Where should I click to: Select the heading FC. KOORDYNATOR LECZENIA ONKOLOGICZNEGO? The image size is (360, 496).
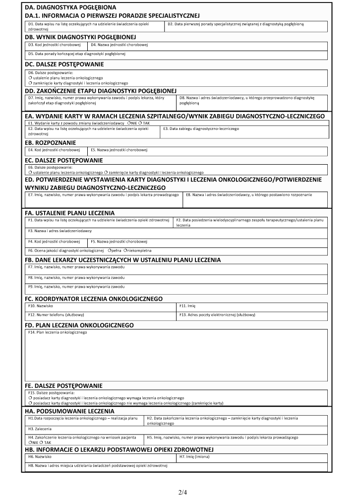click(94, 299)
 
